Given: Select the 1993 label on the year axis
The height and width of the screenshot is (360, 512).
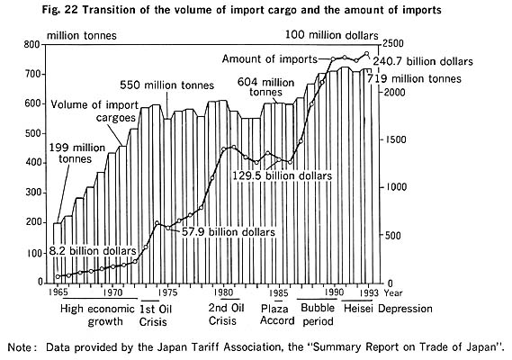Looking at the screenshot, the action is click(x=368, y=292).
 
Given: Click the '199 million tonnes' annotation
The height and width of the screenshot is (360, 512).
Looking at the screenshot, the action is click(x=77, y=153).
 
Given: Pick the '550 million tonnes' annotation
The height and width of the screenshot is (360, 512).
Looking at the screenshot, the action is click(x=166, y=85).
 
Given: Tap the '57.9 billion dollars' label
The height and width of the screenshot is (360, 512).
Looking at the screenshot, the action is click(x=229, y=232).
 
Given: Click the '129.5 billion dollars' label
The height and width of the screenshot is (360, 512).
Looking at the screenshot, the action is click(x=283, y=175).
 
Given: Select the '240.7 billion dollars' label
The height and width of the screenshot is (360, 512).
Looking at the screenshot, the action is click(x=423, y=61).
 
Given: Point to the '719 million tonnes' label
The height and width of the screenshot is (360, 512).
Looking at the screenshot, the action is click(x=414, y=78).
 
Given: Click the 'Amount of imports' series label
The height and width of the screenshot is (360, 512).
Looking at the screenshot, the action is click(x=269, y=59).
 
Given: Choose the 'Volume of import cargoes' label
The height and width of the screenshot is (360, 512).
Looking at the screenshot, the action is click(x=94, y=111).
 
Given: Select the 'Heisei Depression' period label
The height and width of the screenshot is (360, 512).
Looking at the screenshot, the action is click(x=388, y=309).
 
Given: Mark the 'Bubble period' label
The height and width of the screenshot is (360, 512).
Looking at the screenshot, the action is click(x=318, y=315).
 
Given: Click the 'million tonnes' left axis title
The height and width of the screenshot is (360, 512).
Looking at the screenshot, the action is click(x=82, y=35).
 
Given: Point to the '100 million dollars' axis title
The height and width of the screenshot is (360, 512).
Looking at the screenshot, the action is click(x=332, y=35).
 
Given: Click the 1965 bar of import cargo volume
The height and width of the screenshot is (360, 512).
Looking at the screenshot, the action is click(x=58, y=253).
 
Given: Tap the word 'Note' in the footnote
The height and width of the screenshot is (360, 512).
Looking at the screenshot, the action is click(x=19, y=346).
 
